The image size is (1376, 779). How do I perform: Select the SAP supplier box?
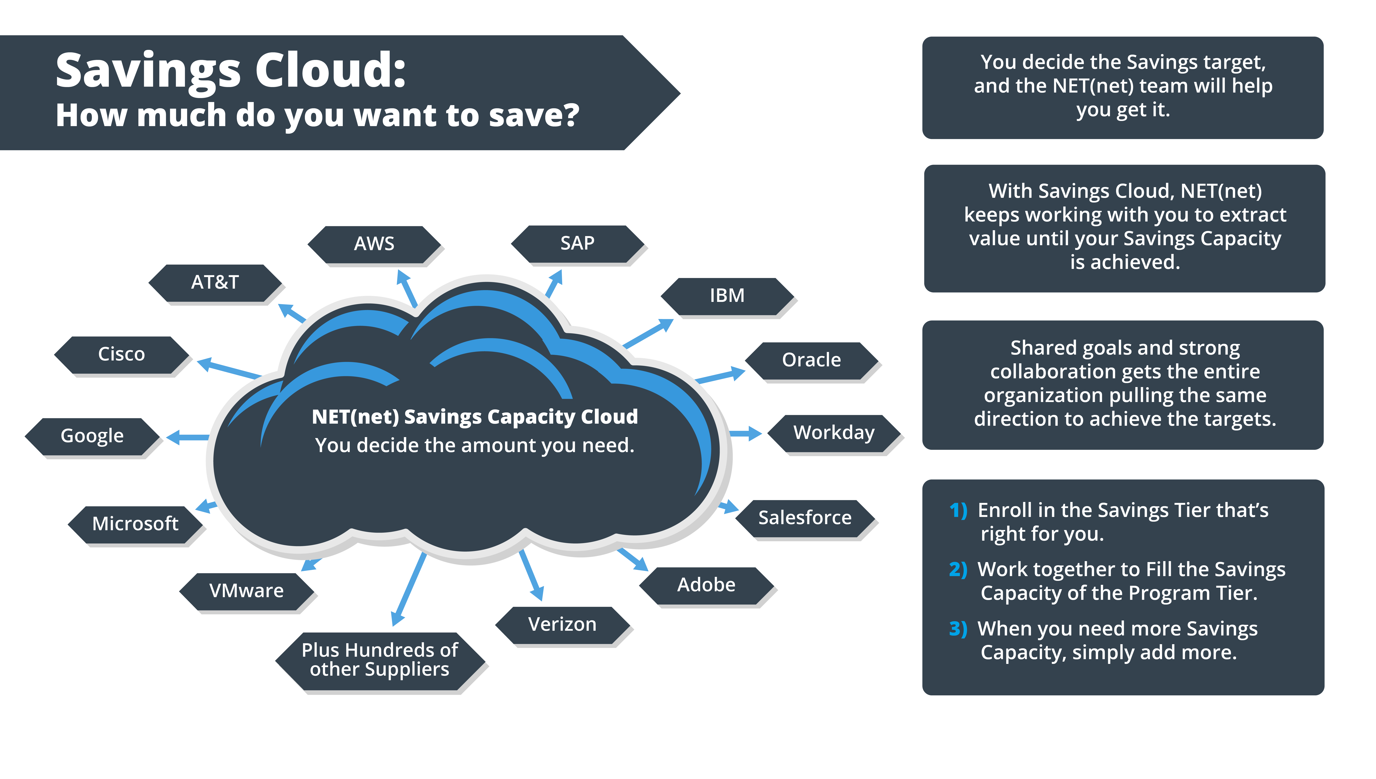tap(577, 243)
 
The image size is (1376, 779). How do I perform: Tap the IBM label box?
tap(727, 296)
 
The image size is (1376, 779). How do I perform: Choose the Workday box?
tap(834, 433)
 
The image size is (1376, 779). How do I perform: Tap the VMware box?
tap(246, 591)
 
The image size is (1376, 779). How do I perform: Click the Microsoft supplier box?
tap(135, 524)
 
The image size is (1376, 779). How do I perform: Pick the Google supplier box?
tap(92, 436)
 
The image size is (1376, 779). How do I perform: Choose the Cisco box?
tap(121, 354)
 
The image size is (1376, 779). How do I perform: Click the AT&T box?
tap(215, 283)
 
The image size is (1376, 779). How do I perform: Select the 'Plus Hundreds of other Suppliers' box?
tap(380, 660)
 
